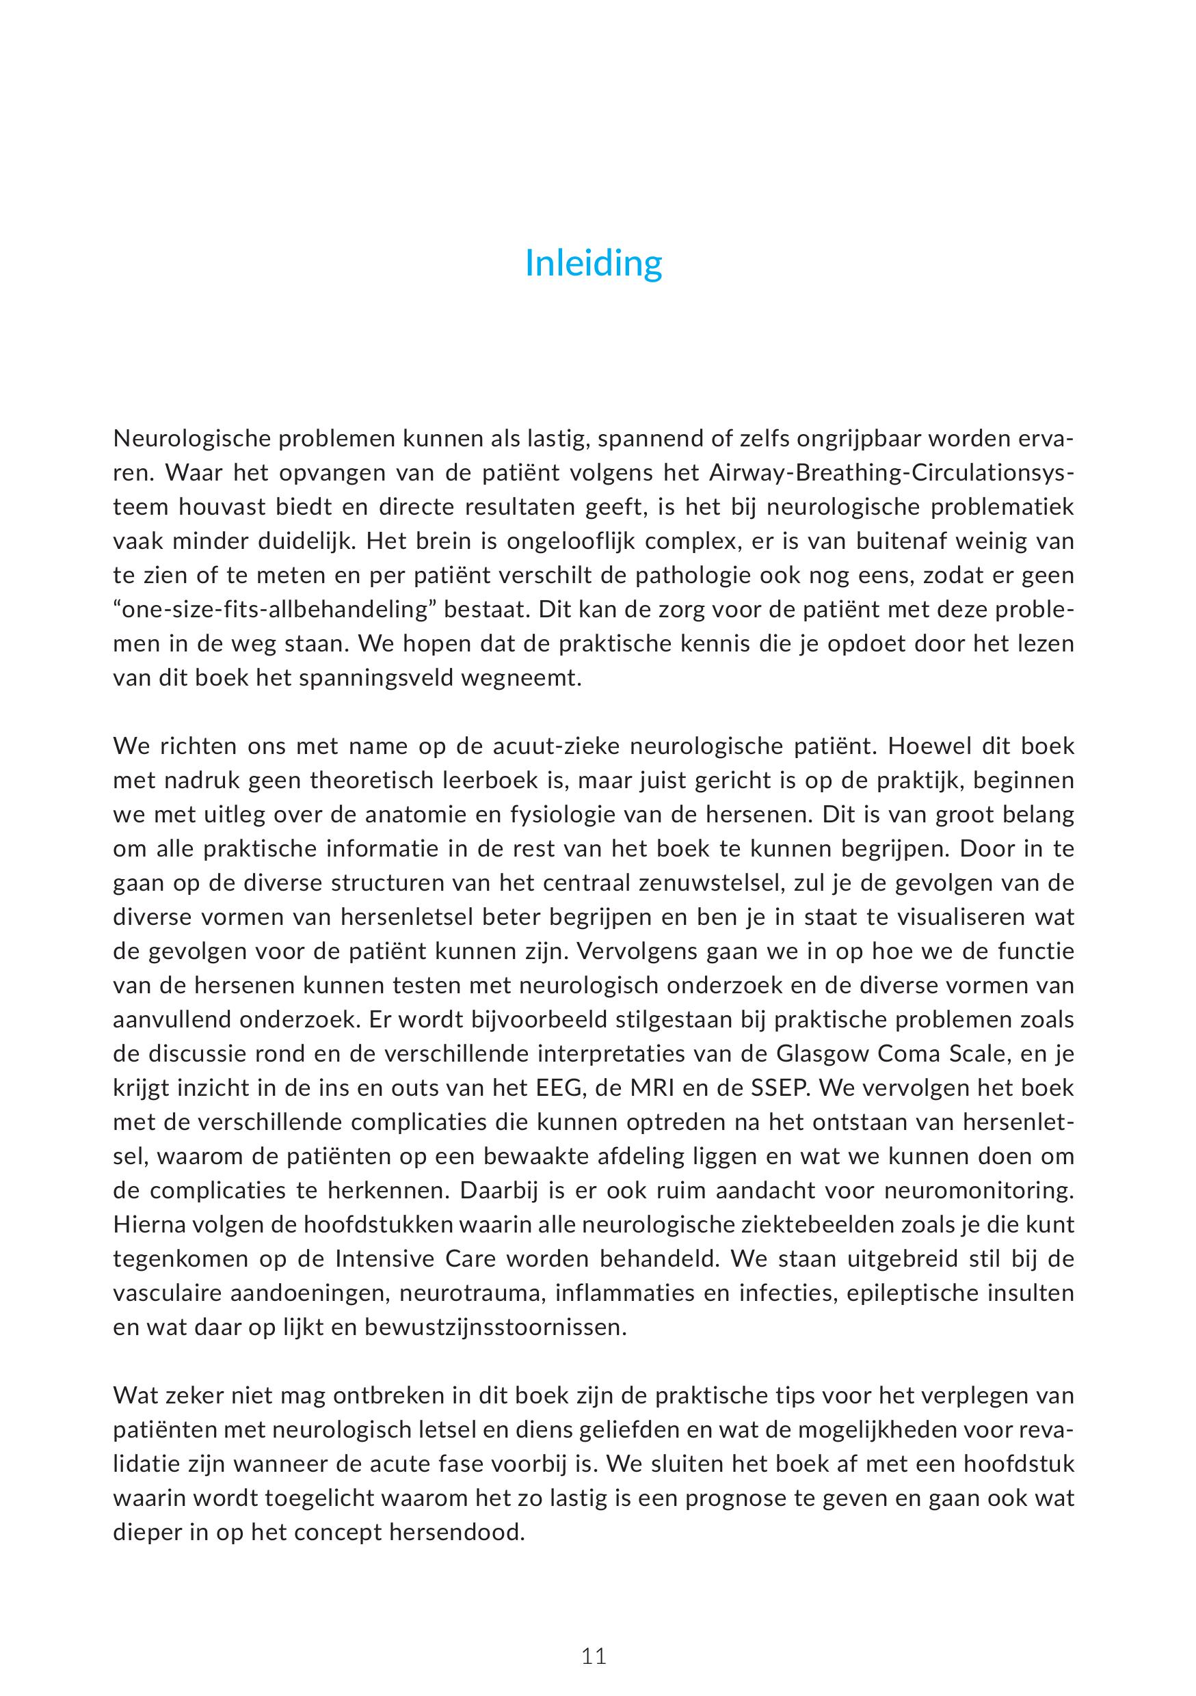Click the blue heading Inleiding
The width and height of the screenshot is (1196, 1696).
click(x=593, y=264)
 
